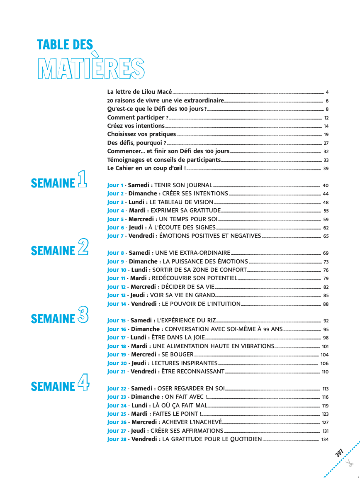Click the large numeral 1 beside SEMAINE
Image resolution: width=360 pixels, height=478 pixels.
[82, 179]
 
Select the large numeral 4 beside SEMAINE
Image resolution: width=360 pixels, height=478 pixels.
[83, 382]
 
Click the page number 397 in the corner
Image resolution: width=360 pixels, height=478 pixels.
[340, 453]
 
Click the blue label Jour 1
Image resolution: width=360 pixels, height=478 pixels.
[115, 185]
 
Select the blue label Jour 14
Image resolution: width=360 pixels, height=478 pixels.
[117, 304]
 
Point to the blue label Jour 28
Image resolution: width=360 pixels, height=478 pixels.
[117, 439]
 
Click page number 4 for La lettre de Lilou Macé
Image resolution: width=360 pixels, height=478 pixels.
[327, 92]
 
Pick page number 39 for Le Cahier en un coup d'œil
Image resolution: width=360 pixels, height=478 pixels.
[326, 168]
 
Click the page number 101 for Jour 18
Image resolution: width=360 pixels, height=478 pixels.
[325, 346]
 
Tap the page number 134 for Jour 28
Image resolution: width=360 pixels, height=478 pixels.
[325, 440]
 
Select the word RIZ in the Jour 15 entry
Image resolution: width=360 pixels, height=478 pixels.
[210, 321]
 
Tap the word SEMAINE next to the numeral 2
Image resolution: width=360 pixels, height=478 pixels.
[53, 251]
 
